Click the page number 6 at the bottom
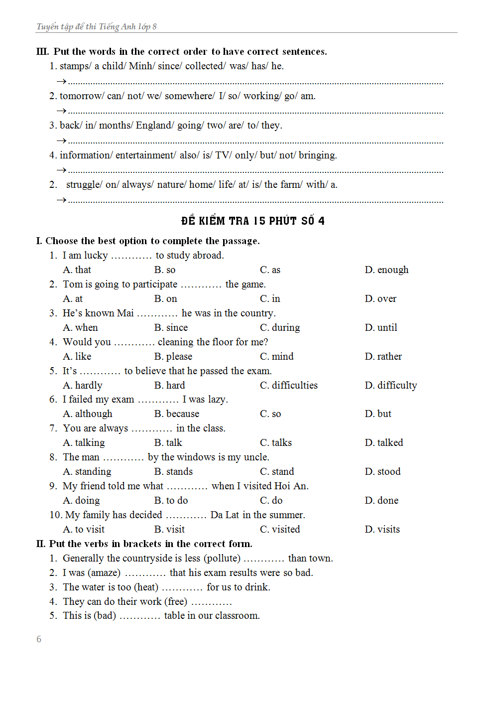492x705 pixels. pos(39,639)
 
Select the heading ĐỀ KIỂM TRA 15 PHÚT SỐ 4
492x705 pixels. pos(252,221)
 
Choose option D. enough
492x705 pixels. pos(386,270)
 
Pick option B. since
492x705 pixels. pos(171,327)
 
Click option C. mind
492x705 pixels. pos(276,356)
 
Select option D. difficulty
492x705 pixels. pos(390,385)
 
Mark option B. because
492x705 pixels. pos(176,414)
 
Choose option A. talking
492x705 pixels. pos(84,442)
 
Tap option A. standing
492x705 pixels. pos(87,471)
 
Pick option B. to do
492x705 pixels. pos(171,500)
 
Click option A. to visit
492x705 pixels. pos(84,529)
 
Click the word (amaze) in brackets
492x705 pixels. pos(104,572)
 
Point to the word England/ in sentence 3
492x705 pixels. pos(155,125)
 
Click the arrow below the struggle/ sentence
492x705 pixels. pos(61,200)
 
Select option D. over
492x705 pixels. pos(380,298)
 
